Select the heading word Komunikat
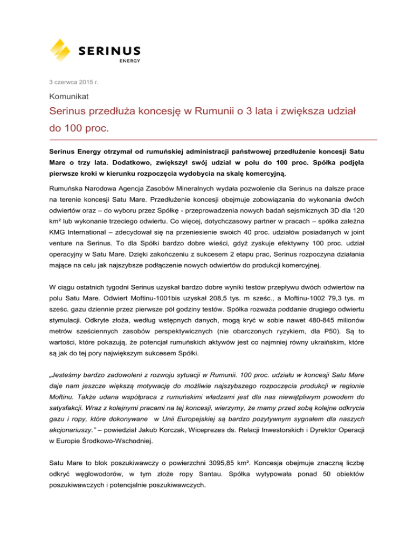click(x=68, y=98)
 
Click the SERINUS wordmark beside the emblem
click(x=110, y=50)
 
